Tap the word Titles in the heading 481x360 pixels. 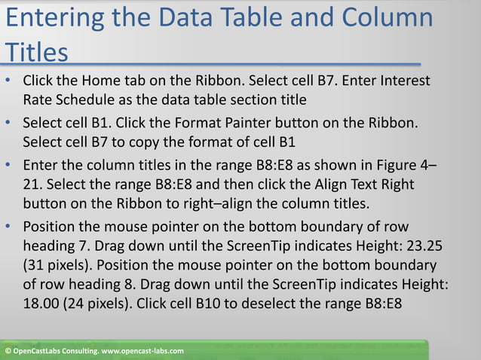36,53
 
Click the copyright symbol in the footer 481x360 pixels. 7,352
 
